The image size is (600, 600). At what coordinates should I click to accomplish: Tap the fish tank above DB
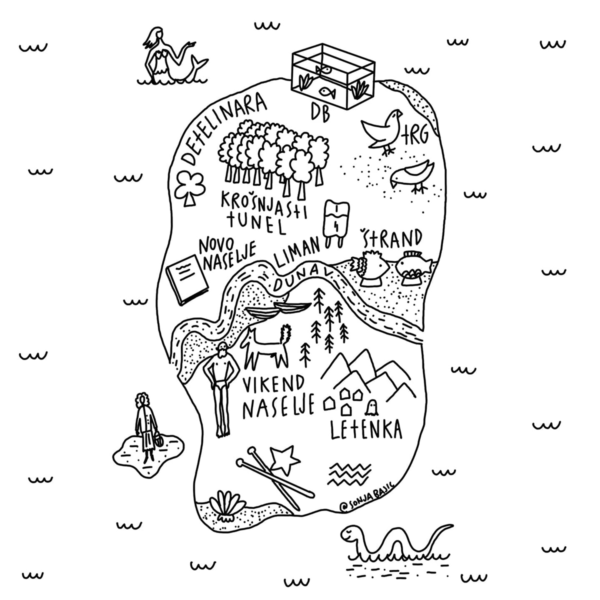point(332,72)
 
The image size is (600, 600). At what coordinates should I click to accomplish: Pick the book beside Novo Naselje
point(187,280)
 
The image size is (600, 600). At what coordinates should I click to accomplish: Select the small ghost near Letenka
point(371,408)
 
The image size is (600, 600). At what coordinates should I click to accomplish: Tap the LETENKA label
point(365,429)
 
